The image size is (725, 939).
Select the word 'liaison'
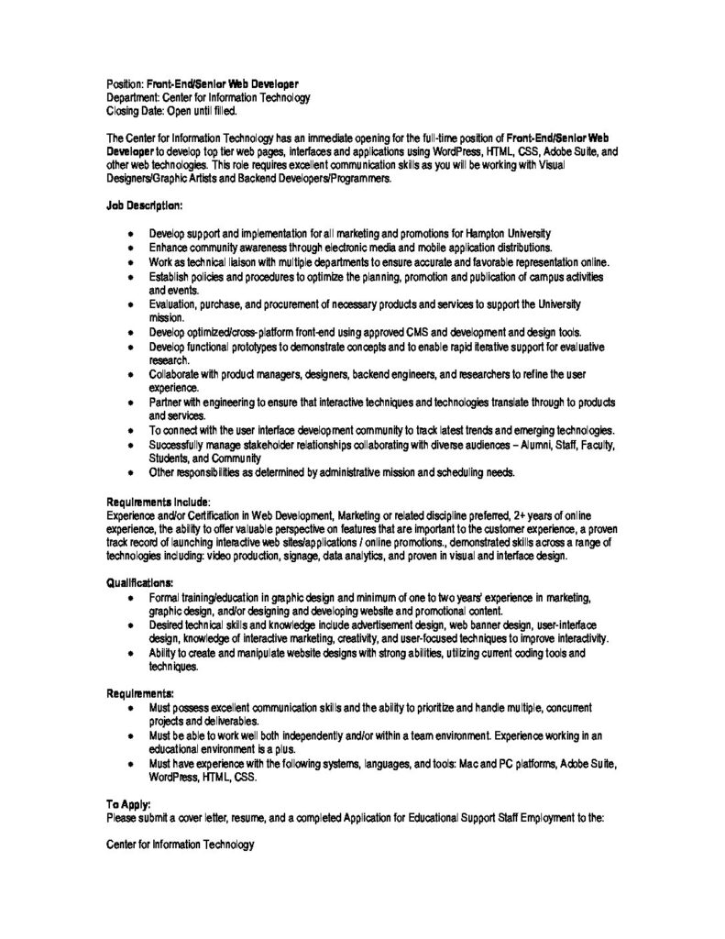233,261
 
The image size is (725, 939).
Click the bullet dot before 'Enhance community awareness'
131,249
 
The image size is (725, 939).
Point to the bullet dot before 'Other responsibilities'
131,473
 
